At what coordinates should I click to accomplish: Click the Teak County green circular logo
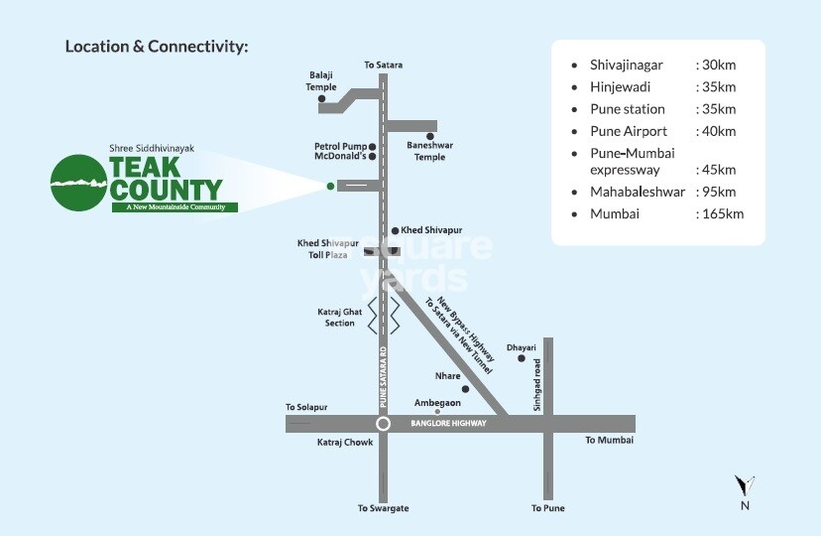coord(80,182)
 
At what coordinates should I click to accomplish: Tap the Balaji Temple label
coord(322,80)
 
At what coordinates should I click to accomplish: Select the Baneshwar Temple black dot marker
coord(430,136)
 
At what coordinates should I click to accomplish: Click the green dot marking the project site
coord(330,185)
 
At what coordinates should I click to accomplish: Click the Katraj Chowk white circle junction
coord(383,424)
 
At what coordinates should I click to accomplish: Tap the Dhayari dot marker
coord(521,358)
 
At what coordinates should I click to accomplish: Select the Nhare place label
coord(448,376)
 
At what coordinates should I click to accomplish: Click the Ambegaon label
coord(437,402)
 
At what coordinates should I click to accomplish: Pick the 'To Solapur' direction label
coord(305,407)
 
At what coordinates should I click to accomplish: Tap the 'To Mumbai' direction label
coord(609,440)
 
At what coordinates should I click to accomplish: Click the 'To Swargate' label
coord(383,508)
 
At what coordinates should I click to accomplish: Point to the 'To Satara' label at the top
coord(383,65)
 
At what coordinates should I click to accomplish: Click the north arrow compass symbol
coord(745,485)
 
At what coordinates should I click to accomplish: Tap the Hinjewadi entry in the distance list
coord(622,86)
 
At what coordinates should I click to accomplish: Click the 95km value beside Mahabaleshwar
coord(717,192)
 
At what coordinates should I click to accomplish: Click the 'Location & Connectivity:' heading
coord(157,47)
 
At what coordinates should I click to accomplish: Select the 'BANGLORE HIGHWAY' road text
coord(448,424)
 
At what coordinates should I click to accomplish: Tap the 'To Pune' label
coord(547,508)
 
